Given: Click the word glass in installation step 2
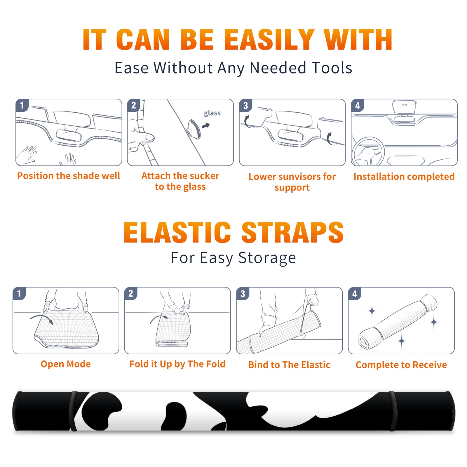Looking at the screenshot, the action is tap(212, 113).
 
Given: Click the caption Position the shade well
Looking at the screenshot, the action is tap(69, 176).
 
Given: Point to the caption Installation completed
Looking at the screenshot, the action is tap(404, 177).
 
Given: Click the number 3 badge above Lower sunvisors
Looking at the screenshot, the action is tap(245, 105).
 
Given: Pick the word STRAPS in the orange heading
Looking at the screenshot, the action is tap(292, 232).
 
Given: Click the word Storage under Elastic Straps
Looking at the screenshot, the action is tap(267, 258).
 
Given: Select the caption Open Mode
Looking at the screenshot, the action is tap(66, 364).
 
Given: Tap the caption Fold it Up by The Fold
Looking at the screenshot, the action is tap(177, 364).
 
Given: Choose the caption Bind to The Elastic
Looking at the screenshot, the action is tap(289, 365).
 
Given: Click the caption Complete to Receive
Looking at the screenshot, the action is tap(401, 365).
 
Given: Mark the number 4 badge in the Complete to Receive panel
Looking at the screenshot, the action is tap(355, 294).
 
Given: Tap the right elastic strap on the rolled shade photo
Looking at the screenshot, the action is tap(392, 411).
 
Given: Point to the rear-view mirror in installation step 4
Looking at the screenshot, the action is tap(404, 107).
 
